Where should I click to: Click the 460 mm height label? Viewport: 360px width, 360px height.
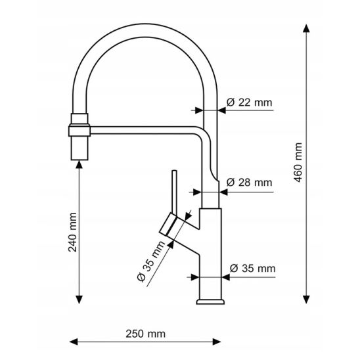click(298, 162)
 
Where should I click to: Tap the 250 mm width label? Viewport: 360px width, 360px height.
click(146, 334)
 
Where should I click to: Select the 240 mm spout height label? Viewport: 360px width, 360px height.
click(72, 233)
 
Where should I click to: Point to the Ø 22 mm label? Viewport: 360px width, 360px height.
click(249, 102)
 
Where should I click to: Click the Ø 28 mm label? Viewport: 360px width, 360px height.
click(249, 183)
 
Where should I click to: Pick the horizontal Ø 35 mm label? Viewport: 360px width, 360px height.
click(252, 269)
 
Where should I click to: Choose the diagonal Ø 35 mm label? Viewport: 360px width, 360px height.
click(151, 261)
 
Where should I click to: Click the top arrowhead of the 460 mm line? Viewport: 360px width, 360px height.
click(306, 28)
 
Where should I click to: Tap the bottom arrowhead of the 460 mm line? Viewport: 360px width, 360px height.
click(306, 300)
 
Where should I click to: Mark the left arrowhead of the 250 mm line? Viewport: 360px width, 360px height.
click(74, 342)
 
